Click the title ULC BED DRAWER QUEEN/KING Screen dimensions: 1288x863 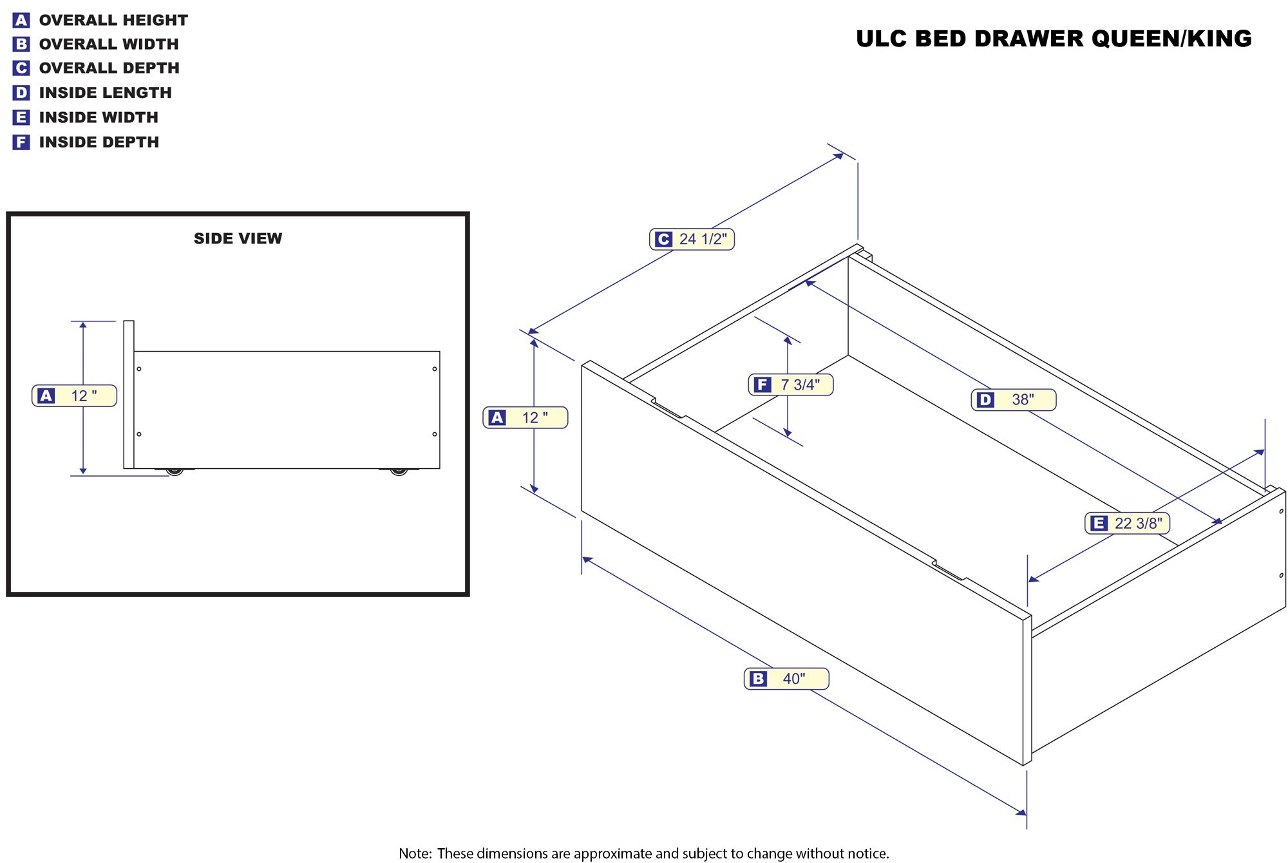pos(1054,39)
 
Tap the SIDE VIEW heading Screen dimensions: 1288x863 pos(238,238)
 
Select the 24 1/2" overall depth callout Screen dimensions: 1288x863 pos(692,239)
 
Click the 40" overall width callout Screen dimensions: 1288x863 pos(786,678)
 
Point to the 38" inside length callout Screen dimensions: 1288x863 pos(1014,399)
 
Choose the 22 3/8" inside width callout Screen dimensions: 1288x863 pos(1128,523)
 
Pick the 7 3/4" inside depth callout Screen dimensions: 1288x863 pos(791,384)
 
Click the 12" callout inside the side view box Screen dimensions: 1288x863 pos(75,395)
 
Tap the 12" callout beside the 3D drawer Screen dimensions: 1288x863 pos(526,417)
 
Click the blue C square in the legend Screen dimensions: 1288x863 pos(21,68)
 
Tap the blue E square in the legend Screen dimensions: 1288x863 pos(21,117)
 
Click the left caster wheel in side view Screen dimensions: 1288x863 pos(175,471)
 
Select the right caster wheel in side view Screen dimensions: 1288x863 pos(399,471)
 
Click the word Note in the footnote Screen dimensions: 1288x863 pos(414,853)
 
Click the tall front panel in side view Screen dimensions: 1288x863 pos(129,394)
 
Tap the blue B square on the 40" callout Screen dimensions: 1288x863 pos(759,679)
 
